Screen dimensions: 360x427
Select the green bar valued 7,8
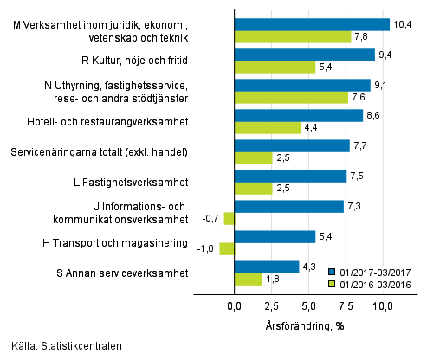[x=292, y=37]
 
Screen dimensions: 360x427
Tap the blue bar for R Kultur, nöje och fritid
[x=304, y=55]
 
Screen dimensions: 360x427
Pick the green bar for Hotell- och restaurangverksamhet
[x=267, y=128]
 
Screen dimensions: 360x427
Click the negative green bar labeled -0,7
[x=229, y=219]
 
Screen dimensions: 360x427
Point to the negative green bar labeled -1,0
[x=226, y=249]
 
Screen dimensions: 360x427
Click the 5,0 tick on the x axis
[x=308, y=306]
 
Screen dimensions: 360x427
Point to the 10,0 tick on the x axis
[x=383, y=306]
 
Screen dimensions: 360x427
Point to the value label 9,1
[x=382, y=85]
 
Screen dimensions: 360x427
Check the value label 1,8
[x=273, y=280]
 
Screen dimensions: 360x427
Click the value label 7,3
[x=355, y=206]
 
